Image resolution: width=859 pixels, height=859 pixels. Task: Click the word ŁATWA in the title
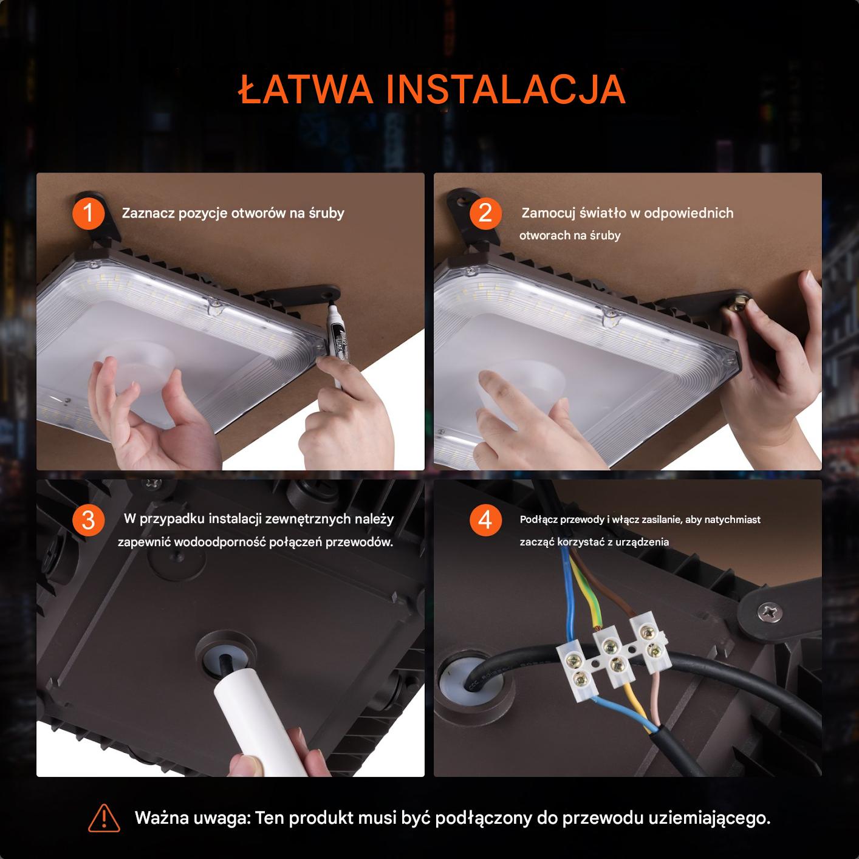coord(306,89)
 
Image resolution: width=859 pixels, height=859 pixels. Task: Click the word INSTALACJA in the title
coord(506,89)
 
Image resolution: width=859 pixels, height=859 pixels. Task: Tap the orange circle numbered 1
coord(88,213)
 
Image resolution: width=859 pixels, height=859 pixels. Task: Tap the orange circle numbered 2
coord(485,213)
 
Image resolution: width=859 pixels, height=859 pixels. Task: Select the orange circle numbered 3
coord(88,520)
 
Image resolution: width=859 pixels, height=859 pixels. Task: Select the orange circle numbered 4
coord(485,520)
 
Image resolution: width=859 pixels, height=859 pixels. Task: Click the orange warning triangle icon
coord(104,818)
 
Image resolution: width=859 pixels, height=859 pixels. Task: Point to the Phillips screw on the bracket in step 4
coord(770,612)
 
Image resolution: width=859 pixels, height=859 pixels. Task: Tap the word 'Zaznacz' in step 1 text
coord(148,213)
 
